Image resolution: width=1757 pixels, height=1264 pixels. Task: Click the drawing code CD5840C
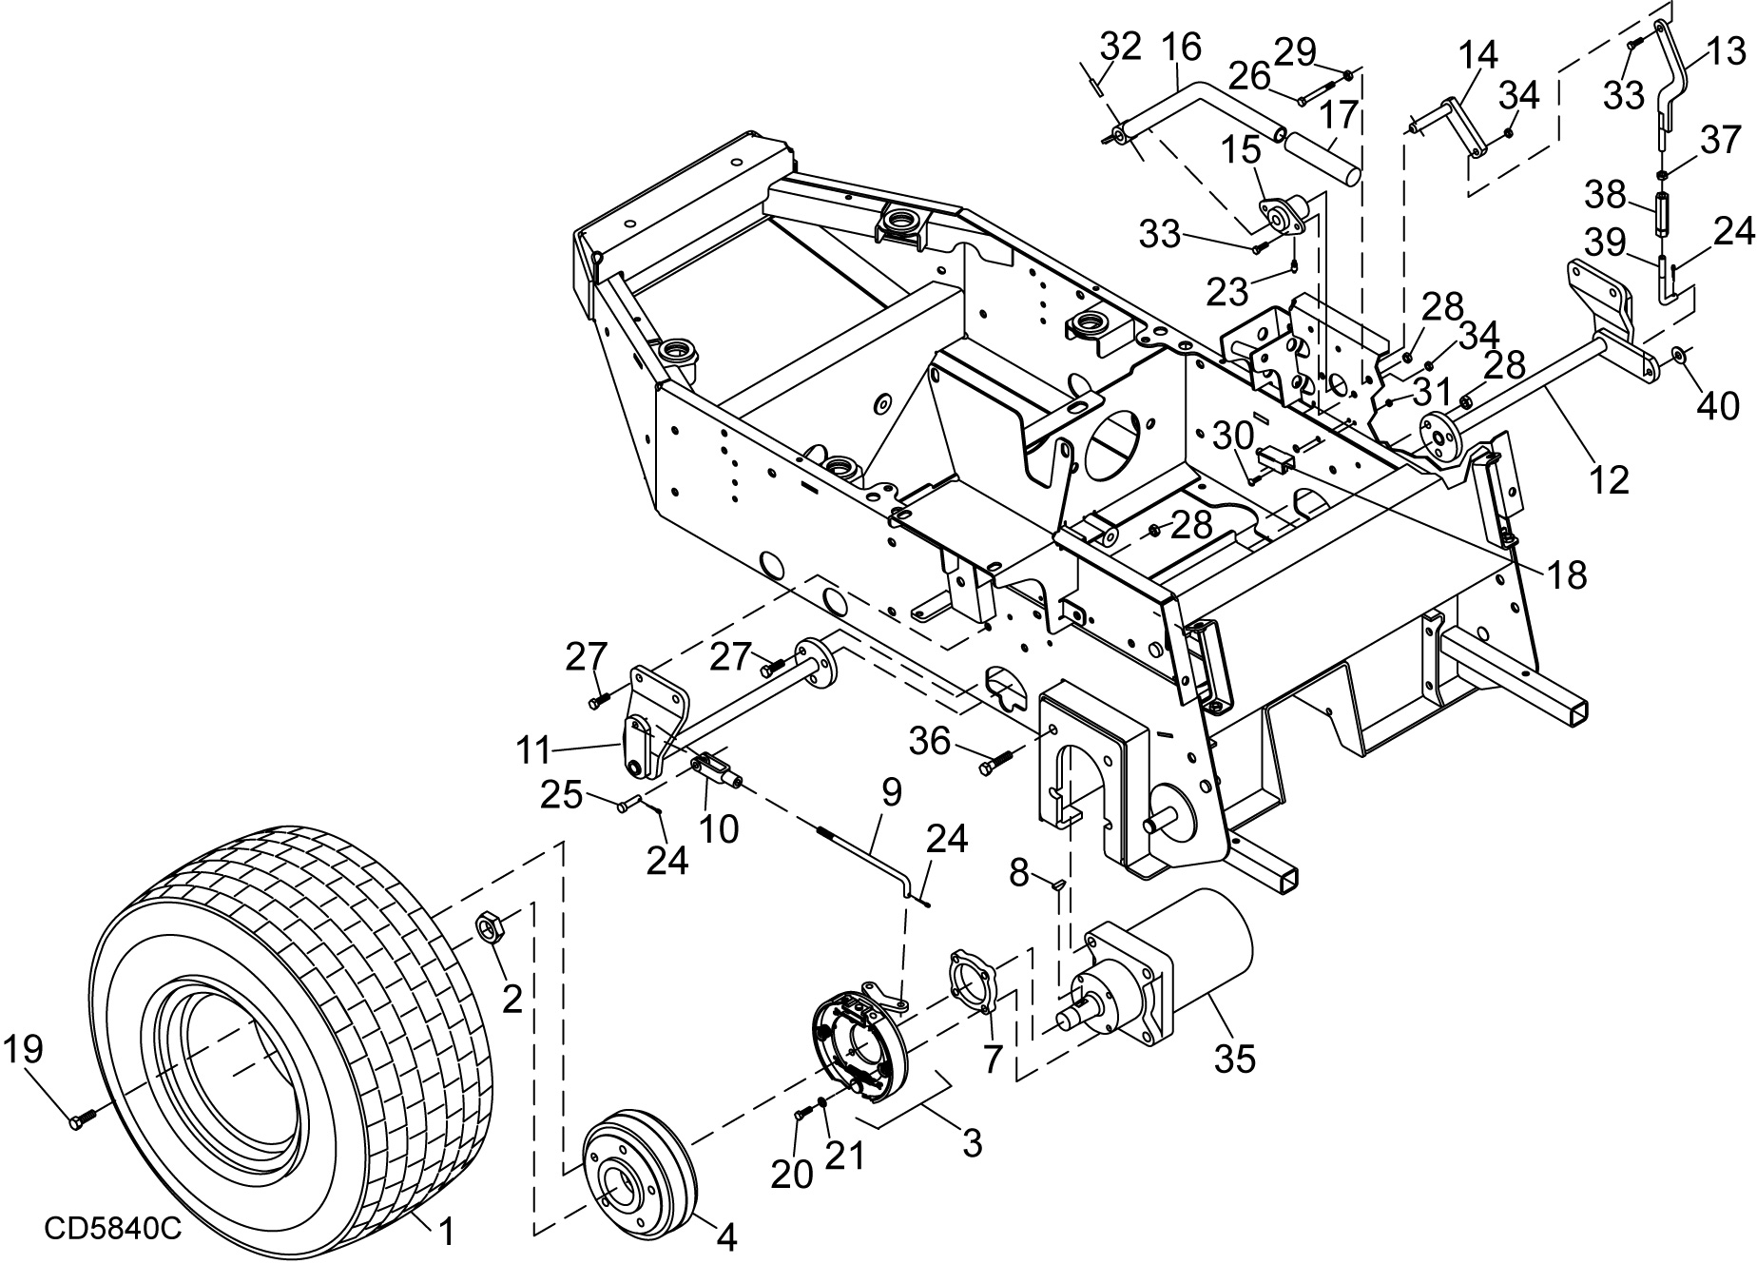[112, 1229]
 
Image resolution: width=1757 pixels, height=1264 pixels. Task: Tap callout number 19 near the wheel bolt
[23, 1051]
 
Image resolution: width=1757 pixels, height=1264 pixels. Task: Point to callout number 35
[1235, 1058]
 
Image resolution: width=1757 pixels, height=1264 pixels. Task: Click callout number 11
[532, 751]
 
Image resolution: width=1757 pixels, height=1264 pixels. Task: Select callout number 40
[1717, 406]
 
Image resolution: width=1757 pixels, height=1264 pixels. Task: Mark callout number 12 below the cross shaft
[1608, 479]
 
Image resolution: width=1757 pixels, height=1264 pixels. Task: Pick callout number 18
[1565, 575]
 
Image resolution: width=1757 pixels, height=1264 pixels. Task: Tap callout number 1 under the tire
[444, 1234]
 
